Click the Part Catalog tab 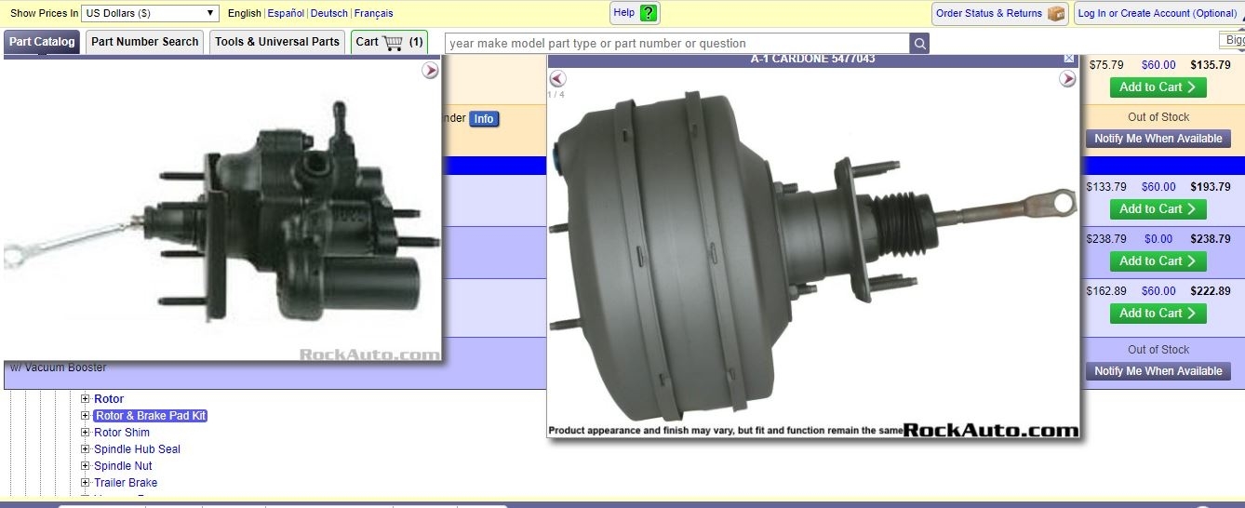(42, 42)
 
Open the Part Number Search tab (144, 42)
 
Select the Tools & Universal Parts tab (276, 42)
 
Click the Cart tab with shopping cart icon (389, 42)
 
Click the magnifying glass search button (919, 44)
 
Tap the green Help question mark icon (649, 13)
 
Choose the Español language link (286, 14)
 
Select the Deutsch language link (329, 14)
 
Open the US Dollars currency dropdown (150, 13)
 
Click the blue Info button (484, 119)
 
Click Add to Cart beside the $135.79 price (1158, 87)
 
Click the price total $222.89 (1211, 291)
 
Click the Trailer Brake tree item (126, 483)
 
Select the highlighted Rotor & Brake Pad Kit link (150, 416)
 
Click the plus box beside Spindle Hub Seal (86, 449)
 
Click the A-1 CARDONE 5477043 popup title (812, 60)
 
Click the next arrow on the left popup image (430, 71)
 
